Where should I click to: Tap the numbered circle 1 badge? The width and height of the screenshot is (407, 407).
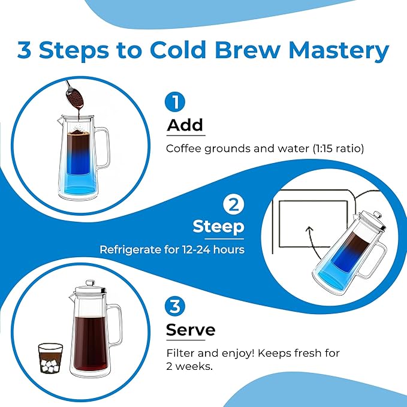tap(175, 102)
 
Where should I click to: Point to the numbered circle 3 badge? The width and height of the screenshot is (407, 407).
tap(175, 307)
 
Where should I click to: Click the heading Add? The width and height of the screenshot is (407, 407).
tap(185, 125)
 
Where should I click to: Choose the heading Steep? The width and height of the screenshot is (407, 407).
tap(218, 227)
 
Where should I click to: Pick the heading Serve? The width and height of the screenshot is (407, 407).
tap(191, 330)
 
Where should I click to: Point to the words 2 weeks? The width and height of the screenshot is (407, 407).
tap(189, 367)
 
